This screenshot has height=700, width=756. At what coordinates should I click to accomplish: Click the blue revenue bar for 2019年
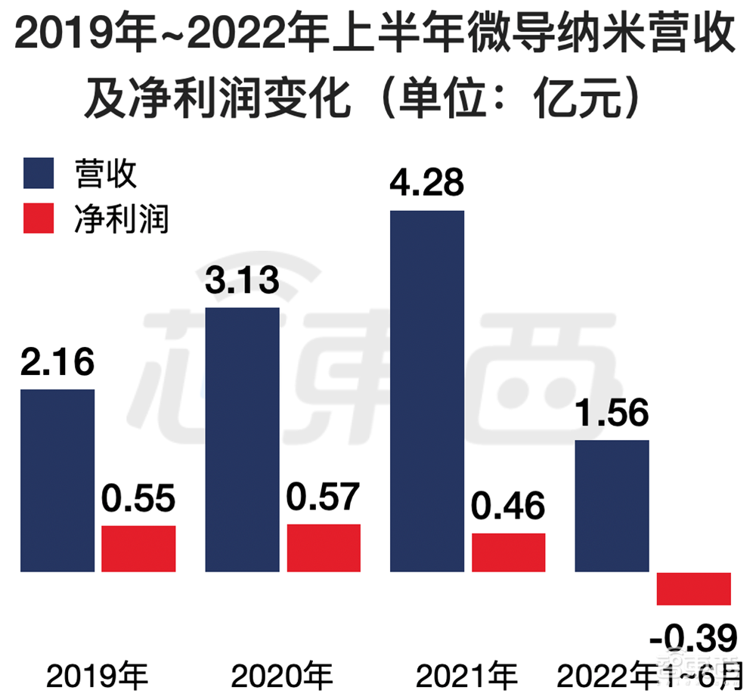coord(57,480)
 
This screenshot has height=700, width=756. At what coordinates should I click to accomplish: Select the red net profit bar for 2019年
coord(138,548)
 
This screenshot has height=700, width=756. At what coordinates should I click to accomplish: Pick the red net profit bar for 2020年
coord(324,547)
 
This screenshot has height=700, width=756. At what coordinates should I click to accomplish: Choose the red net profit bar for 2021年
coord(509,552)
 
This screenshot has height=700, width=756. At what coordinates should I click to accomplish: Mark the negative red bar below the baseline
coord(693,588)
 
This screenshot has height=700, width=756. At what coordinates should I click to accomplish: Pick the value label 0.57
coord(324,497)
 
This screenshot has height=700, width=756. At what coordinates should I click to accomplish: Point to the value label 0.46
coord(509,506)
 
